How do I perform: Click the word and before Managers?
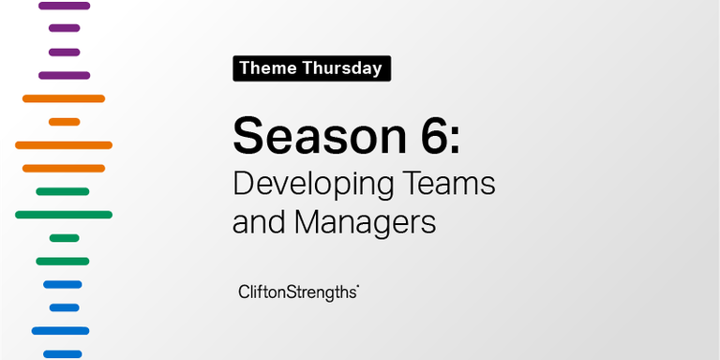pyautogui.click(x=259, y=223)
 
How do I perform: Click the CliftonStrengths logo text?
pyautogui.click(x=298, y=292)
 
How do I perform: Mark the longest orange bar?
pyautogui.click(x=64, y=144)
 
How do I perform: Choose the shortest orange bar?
pyautogui.click(x=64, y=122)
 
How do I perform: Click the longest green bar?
pyautogui.click(x=64, y=215)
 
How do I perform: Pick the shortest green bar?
pyautogui.click(x=64, y=238)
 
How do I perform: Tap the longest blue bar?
pyautogui.click(x=60, y=331)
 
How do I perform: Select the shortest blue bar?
pyautogui.click(x=64, y=307)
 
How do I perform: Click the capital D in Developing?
pyautogui.click(x=243, y=183)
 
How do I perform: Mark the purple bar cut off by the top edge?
pyautogui.click(x=64, y=6)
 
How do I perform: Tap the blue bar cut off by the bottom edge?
pyautogui.click(x=63, y=353)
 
